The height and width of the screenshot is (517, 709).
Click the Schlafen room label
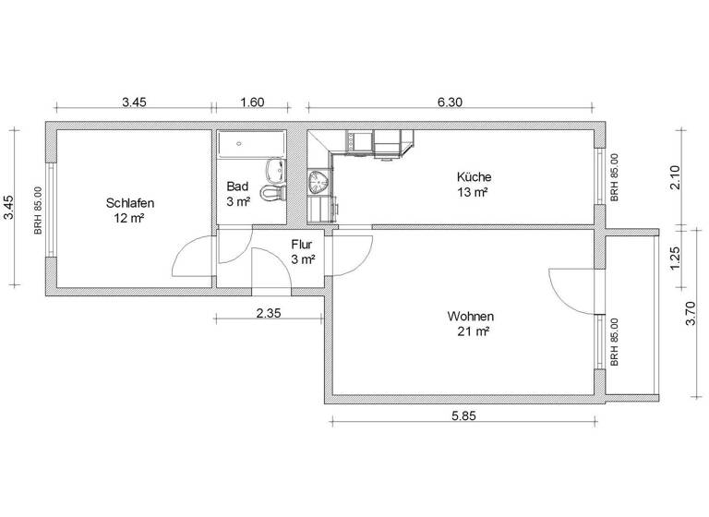129,203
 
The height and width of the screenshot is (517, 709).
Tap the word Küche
474,177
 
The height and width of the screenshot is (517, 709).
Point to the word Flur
302,246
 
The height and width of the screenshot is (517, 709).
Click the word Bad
237,186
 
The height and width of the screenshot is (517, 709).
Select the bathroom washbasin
274,169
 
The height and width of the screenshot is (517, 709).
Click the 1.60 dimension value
251,102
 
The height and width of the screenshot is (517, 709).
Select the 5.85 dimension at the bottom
464,416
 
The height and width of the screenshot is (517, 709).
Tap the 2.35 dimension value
270,313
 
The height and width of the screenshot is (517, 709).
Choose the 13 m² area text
473,193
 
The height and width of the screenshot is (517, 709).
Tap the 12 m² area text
129,219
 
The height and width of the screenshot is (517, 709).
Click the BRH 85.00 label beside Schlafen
39,210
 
